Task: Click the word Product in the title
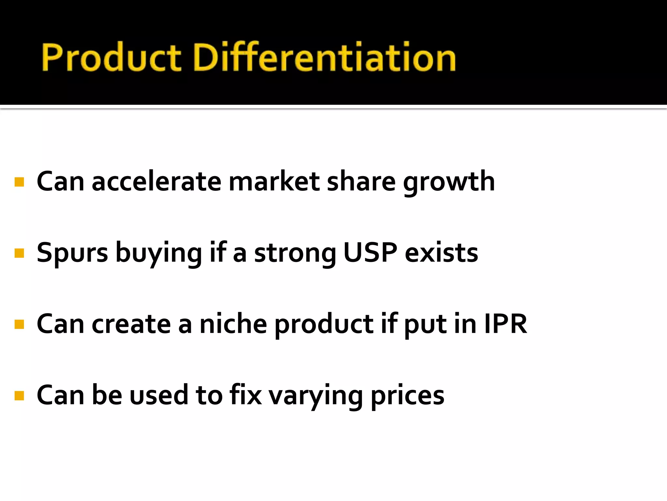[x=111, y=57]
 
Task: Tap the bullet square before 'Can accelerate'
[x=20, y=182]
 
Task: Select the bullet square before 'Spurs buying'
[x=20, y=253]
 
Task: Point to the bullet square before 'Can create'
[x=20, y=324]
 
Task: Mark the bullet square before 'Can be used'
[x=20, y=395]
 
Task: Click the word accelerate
[x=156, y=182]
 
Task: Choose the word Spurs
[x=72, y=253]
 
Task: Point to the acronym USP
[x=370, y=252]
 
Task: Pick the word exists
[x=441, y=253]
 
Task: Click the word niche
[x=233, y=324]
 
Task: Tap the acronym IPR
[x=505, y=324]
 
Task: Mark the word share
[x=361, y=182]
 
